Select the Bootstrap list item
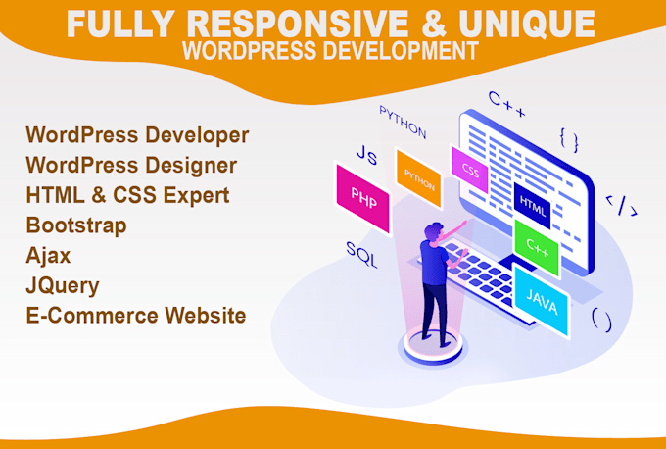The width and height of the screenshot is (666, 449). [x=76, y=224]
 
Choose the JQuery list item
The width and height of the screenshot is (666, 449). [x=64, y=285]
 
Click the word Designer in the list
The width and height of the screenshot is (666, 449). [x=188, y=165]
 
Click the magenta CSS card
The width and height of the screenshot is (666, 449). [x=470, y=169]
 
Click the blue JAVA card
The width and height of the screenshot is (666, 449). [x=542, y=306]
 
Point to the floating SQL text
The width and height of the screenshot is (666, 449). [x=361, y=249]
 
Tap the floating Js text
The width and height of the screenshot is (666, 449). [x=366, y=155]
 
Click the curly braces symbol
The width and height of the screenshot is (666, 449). [x=569, y=138]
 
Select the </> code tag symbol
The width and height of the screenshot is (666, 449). [x=621, y=205]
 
